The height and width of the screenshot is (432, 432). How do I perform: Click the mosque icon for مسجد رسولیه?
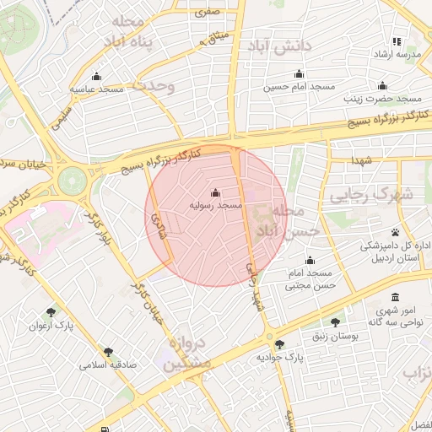click(215, 192)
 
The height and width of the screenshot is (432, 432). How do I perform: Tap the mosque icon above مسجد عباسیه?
click(96, 76)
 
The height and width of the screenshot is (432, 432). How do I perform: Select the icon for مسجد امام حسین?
click(299, 74)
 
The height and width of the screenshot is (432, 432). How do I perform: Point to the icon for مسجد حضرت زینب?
click(383, 85)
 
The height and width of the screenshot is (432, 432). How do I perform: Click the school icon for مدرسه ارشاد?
click(397, 41)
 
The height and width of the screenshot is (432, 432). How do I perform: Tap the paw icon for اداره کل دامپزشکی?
click(395, 233)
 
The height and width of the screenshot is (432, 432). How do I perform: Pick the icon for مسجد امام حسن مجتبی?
click(310, 260)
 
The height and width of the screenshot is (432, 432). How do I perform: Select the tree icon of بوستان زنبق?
click(336, 322)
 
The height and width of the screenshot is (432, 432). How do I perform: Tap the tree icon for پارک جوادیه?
click(280, 344)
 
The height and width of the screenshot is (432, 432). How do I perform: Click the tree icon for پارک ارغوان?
click(51, 312)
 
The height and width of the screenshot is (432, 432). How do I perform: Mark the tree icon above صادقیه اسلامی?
click(108, 352)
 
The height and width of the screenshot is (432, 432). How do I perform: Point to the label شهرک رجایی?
click(371, 195)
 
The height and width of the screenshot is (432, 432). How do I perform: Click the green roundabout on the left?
click(73, 180)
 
